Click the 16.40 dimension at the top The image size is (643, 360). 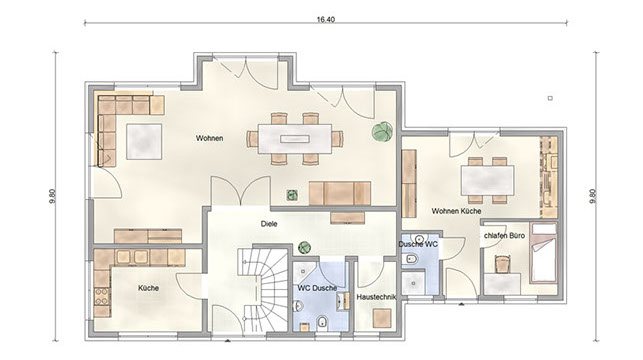click(325, 19)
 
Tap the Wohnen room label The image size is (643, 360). click(209, 138)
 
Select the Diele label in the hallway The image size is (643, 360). click(269, 224)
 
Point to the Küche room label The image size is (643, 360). click(148, 288)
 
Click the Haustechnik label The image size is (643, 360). click(376, 297)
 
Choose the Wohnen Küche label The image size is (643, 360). click(456, 211)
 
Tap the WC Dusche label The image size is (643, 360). click(317, 288)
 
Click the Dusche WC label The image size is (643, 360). click(418, 244)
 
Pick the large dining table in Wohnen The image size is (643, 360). click(294, 139)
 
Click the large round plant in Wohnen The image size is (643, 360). click(383, 132)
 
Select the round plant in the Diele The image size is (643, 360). click(304, 247)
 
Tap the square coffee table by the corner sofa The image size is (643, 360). click(144, 142)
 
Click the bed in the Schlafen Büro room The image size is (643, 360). click(543, 253)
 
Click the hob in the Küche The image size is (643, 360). click(102, 296)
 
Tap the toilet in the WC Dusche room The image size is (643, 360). click(323, 322)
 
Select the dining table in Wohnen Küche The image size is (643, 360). click(488, 180)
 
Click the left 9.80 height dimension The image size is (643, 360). click(52, 196)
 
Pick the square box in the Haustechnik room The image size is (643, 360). click(382, 319)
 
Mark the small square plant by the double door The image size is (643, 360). click(292, 195)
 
